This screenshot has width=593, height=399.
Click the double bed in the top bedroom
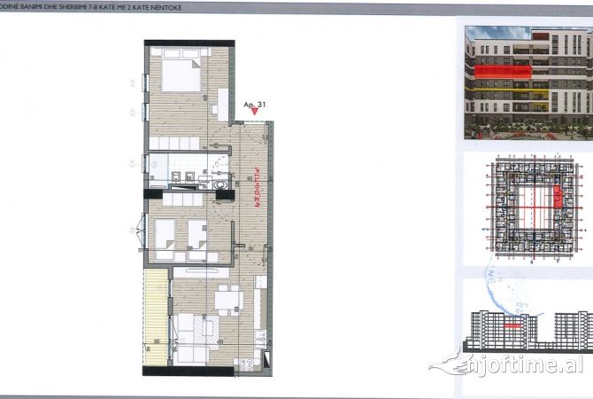pyautogui.click(x=183, y=70)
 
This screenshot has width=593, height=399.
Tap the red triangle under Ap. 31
pyautogui.click(x=256, y=112)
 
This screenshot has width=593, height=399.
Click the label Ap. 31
pyautogui.click(x=255, y=103)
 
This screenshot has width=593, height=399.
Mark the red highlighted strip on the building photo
pyautogui.click(x=504, y=70)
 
